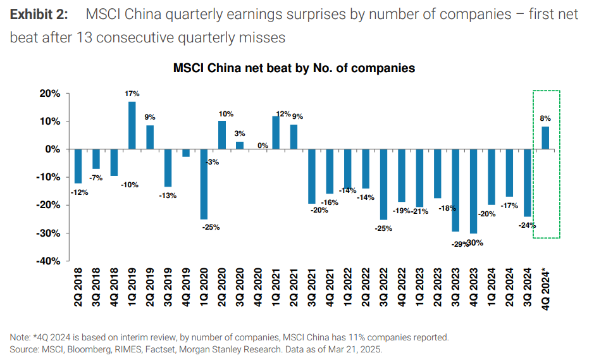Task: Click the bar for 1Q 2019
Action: [x=132, y=125]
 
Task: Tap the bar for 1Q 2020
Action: [x=204, y=184]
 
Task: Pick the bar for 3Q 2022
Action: [x=383, y=184]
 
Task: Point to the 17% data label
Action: [x=132, y=94]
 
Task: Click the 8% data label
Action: [x=545, y=118]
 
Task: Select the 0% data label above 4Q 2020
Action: [x=263, y=145]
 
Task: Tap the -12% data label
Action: [x=80, y=192]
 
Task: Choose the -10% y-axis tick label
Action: [x=48, y=177]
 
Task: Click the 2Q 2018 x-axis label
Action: [x=78, y=288]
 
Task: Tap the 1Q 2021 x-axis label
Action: [x=276, y=288]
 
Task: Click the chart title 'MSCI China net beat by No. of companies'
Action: [x=294, y=68]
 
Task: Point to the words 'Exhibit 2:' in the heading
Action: [x=40, y=14]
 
